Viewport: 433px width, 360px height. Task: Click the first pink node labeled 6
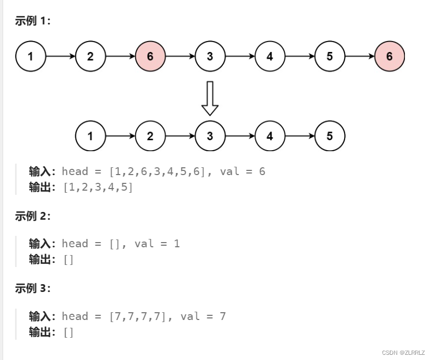pos(150,56)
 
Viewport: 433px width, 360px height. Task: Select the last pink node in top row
pos(389,56)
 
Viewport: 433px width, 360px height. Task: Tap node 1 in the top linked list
pos(31,56)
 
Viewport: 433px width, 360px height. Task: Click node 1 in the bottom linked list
pos(90,136)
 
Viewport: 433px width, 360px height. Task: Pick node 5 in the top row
pos(330,56)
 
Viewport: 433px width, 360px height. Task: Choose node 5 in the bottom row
pos(330,136)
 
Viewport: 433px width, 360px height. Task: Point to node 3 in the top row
pos(210,56)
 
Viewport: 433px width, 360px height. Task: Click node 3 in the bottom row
pos(210,136)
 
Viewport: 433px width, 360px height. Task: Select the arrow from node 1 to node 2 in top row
pos(60,56)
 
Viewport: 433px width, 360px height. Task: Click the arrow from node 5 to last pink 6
pos(359,56)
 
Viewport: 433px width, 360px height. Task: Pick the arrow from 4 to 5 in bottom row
pos(299,136)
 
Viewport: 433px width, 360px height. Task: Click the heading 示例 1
pos(33,21)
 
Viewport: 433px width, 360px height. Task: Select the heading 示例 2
pos(33,216)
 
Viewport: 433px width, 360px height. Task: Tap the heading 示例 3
pos(33,289)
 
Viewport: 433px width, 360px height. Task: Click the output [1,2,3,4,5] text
pos(98,187)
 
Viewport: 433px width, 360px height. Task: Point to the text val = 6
pos(243,171)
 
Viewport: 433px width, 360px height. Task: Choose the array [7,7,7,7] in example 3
pos(138,316)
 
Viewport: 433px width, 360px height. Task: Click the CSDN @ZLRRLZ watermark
pos(404,353)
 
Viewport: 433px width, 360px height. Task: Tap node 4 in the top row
pos(270,56)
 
